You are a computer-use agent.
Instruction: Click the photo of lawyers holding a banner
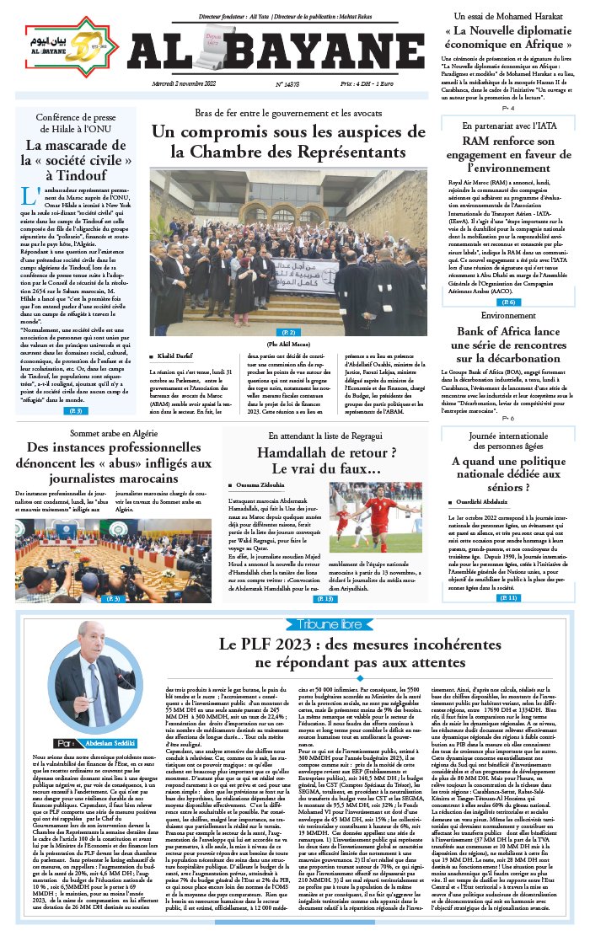(x=288, y=252)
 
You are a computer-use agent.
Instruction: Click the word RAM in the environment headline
(x=476, y=141)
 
